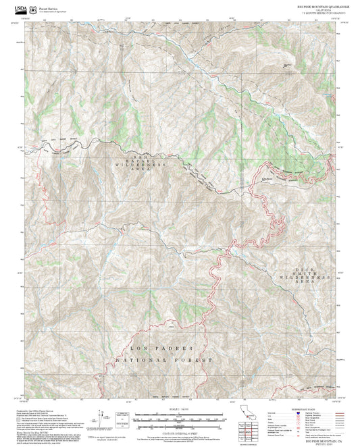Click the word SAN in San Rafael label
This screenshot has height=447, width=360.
point(143,157)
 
